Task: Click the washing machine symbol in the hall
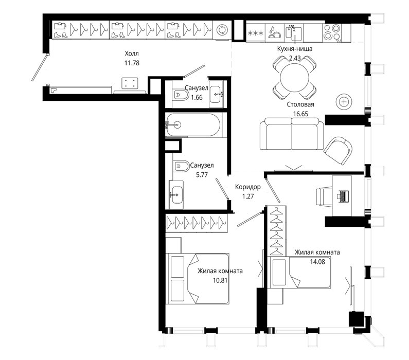click(222, 30)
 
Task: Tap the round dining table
click(294, 77)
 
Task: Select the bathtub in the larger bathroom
click(193, 125)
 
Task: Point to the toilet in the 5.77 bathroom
click(182, 166)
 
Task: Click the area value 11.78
click(132, 63)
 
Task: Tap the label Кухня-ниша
click(295, 49)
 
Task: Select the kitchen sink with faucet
click(293, 32)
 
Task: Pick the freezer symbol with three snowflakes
click(256, 33)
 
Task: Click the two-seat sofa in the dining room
click(292, 134)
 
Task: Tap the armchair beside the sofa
click(338, 150)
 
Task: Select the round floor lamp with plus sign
click(344, 102)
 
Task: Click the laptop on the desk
click(343, 196)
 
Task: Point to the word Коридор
click(248, 187)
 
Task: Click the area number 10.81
click(220, 280)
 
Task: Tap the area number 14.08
click(317, 262)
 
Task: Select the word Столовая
click(300, 104)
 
